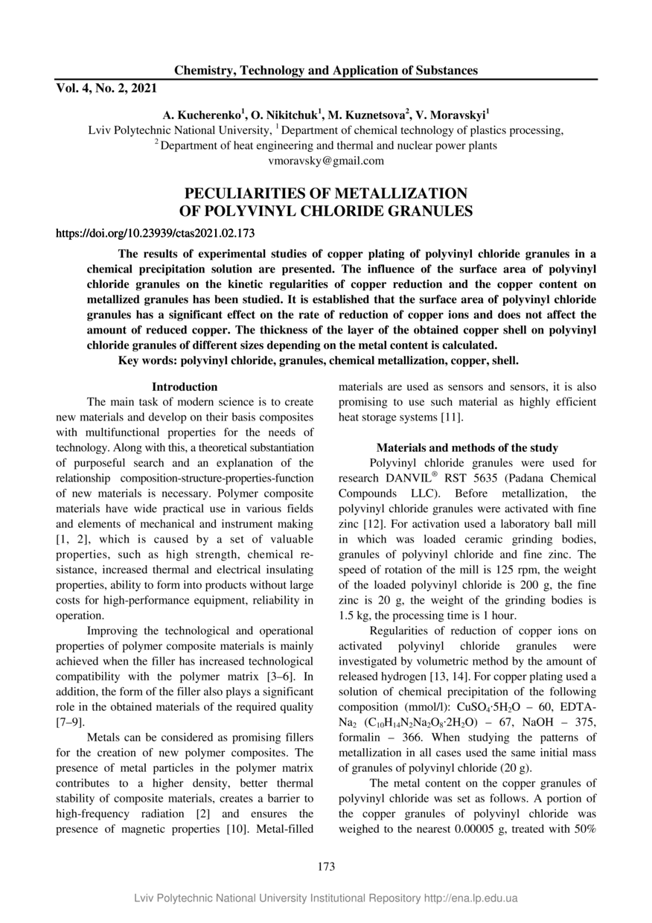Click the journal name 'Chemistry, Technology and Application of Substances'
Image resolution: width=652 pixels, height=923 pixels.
tap(325, 71)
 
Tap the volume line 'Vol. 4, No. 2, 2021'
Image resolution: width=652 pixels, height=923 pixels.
tap(106, 89)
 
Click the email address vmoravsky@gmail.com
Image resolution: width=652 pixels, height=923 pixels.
tap(325, 160)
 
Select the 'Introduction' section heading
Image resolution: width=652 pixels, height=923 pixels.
tap(185, 387)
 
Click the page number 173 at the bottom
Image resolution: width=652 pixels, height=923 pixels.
tap(326, 866)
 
